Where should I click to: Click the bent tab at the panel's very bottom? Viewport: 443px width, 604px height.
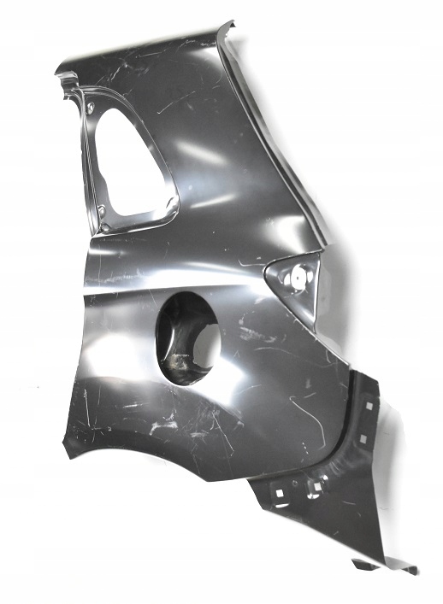(385, 566)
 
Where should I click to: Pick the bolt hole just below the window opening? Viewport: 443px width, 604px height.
(102, 225)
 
